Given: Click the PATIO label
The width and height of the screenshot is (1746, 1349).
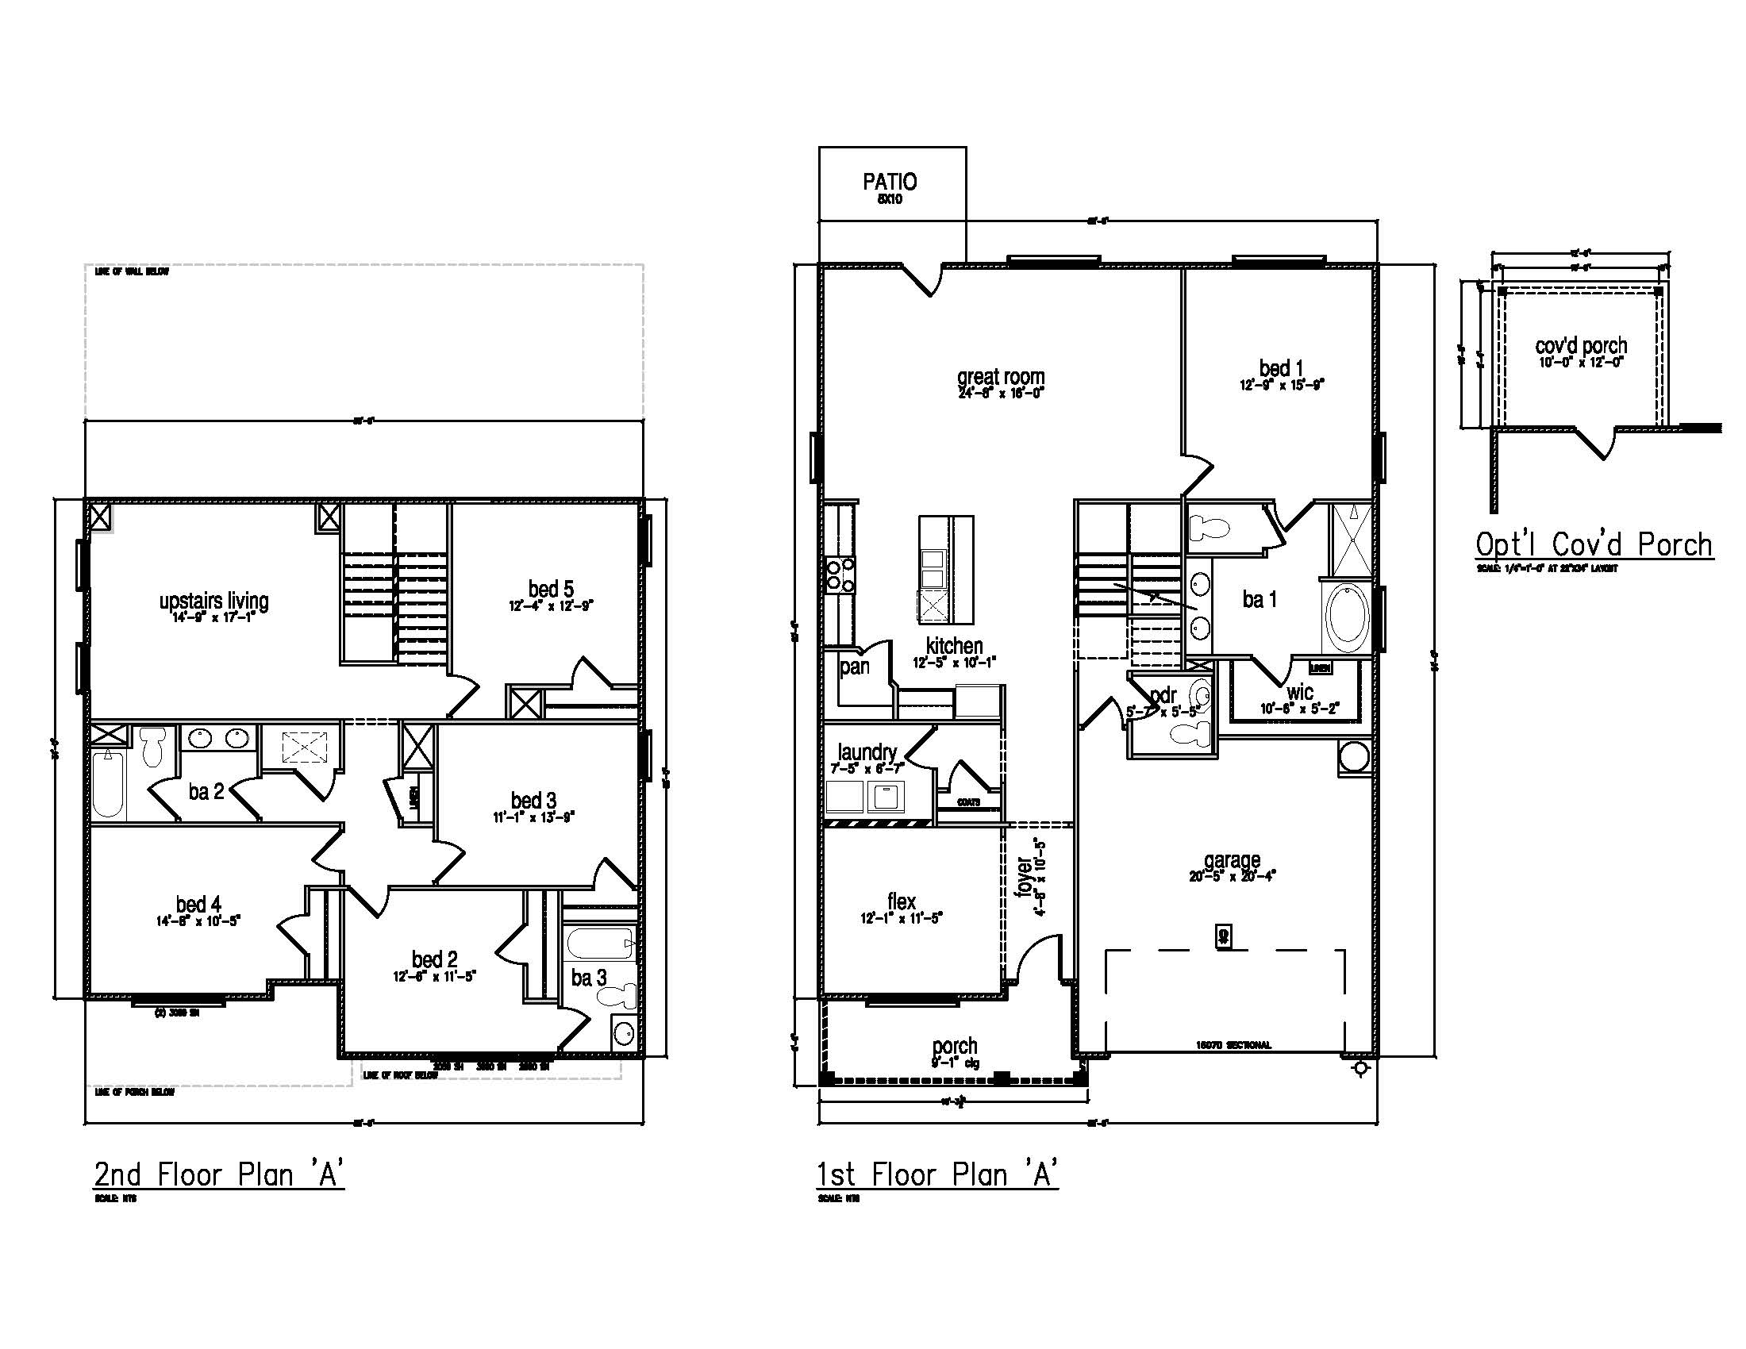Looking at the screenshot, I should click(x=890, y=183).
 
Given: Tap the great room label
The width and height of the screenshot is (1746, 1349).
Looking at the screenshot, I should click(x=1000, y=376).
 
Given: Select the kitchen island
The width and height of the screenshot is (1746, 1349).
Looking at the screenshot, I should click(x=946, y=570).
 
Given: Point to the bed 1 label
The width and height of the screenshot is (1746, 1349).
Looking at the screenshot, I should click(x=1282, y=368).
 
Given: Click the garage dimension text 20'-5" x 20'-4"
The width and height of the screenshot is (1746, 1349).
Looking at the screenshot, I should click(x=1232, y=876).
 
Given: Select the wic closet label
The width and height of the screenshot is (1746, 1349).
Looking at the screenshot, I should click(x=1300, y=693).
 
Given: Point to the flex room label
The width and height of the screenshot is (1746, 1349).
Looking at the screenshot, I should click(x=901, y=901).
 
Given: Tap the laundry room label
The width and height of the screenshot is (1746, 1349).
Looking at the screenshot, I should click(x=867, y=752).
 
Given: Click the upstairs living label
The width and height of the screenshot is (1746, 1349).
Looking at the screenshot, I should click(x=213, y=601).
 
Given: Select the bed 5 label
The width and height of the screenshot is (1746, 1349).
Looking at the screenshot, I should click(x=550, y=589).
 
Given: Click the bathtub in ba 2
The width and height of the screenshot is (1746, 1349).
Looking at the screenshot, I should click(x=108, y=786).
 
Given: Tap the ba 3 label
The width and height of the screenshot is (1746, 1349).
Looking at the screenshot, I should click(x=588, y=978).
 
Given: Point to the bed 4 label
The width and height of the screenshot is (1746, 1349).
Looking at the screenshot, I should click(x=198, y=904).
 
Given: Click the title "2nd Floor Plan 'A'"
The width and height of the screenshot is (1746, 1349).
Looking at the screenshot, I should click(x=219, y=1174).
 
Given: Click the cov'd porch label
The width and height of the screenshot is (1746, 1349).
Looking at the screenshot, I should click(x=1580, y=346).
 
